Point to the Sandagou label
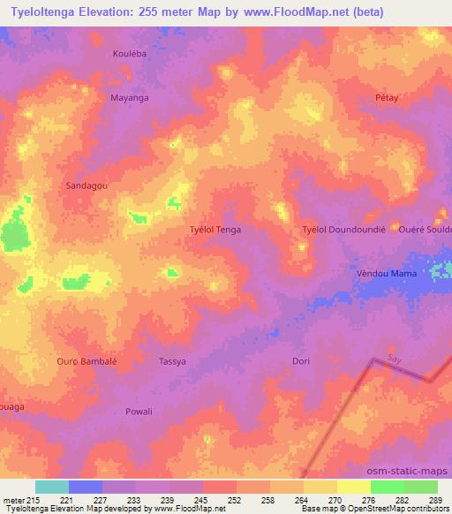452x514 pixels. click(86, 186)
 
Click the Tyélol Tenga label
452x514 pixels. click(215, 230)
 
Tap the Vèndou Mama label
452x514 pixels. click(387, 275)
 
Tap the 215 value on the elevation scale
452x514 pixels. click(28, 500)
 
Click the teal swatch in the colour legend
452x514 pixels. click(52, 487)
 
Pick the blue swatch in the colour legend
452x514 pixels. click(86, 487)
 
